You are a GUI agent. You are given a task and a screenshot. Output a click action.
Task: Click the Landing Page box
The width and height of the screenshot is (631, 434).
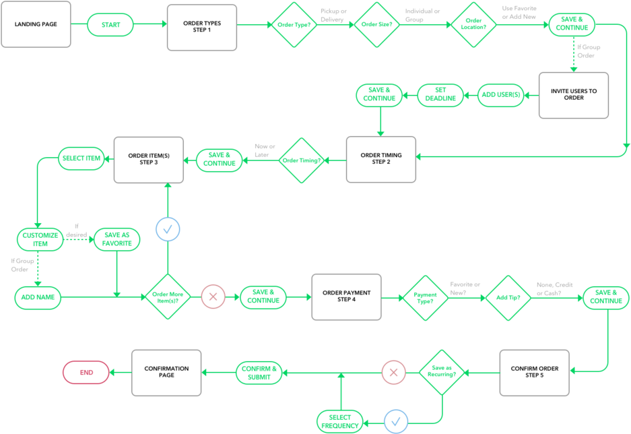tap(36, 25)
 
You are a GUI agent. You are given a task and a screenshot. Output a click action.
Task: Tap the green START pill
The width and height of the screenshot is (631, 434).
tap(111, 25)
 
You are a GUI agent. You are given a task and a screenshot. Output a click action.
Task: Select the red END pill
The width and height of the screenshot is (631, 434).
tap(86, 372)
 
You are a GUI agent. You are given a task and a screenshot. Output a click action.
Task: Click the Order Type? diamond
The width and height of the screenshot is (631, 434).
tap(294, 25)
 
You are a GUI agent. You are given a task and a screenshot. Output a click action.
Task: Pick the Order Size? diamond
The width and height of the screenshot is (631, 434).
tap(377, 25)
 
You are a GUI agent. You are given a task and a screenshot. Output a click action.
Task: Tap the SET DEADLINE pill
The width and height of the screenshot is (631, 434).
tap(440, 95)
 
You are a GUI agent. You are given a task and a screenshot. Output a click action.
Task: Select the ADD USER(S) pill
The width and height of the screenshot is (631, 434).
tap(501, 95)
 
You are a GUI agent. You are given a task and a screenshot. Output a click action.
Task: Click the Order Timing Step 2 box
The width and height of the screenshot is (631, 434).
tap(380, 159)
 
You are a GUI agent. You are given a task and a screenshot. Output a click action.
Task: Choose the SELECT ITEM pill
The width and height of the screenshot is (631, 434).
tap(80, 158)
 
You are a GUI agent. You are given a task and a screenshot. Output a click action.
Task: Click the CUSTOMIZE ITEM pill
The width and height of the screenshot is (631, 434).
tap(40, 239)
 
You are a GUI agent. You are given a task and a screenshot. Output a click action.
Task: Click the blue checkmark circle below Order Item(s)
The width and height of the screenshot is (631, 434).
tap(168, 230)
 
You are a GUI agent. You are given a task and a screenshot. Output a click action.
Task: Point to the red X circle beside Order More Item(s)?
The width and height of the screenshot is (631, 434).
tap(213, 296)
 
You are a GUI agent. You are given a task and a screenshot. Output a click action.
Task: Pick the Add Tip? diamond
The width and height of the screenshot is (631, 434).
tap(508, 297)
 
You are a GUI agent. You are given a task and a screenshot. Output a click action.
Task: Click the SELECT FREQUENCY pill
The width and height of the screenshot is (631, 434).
tap(339, 421)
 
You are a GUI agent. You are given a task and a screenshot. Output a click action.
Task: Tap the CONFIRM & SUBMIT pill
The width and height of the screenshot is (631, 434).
tap(259, 373)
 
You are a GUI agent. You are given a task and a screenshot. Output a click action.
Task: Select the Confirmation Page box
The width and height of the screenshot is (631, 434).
tap(166, 372)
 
